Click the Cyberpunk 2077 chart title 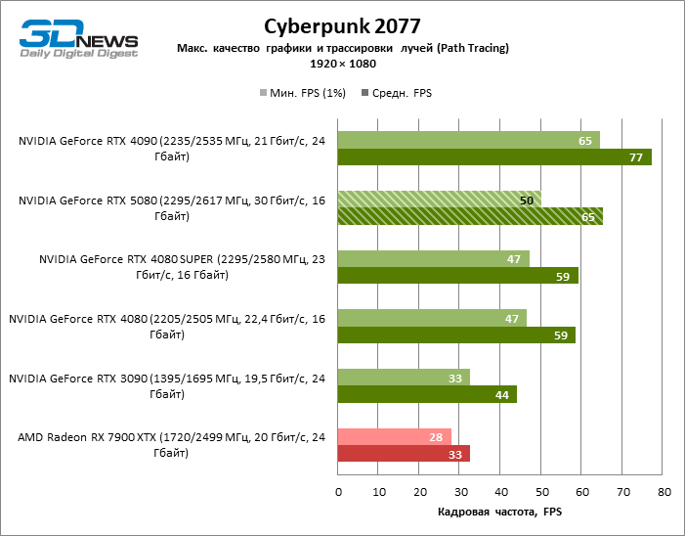(x=342, y=25)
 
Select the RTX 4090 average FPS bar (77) (x=493, y=157)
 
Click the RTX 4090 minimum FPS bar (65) (x=468, y=141)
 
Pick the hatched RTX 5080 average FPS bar (x=470, y=216)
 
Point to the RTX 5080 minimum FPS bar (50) (x=439, y=200)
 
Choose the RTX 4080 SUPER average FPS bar (x=457, y=276)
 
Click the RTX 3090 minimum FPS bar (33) (x=404, y=377)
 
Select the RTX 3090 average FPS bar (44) (x=427, y=394)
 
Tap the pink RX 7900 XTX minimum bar (x=394, y=436)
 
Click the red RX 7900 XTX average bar (x=404, y=454)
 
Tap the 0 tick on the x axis (x=337, y=494)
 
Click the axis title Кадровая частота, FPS (x=499, y=513)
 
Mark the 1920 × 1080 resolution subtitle (x=342, y=63)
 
